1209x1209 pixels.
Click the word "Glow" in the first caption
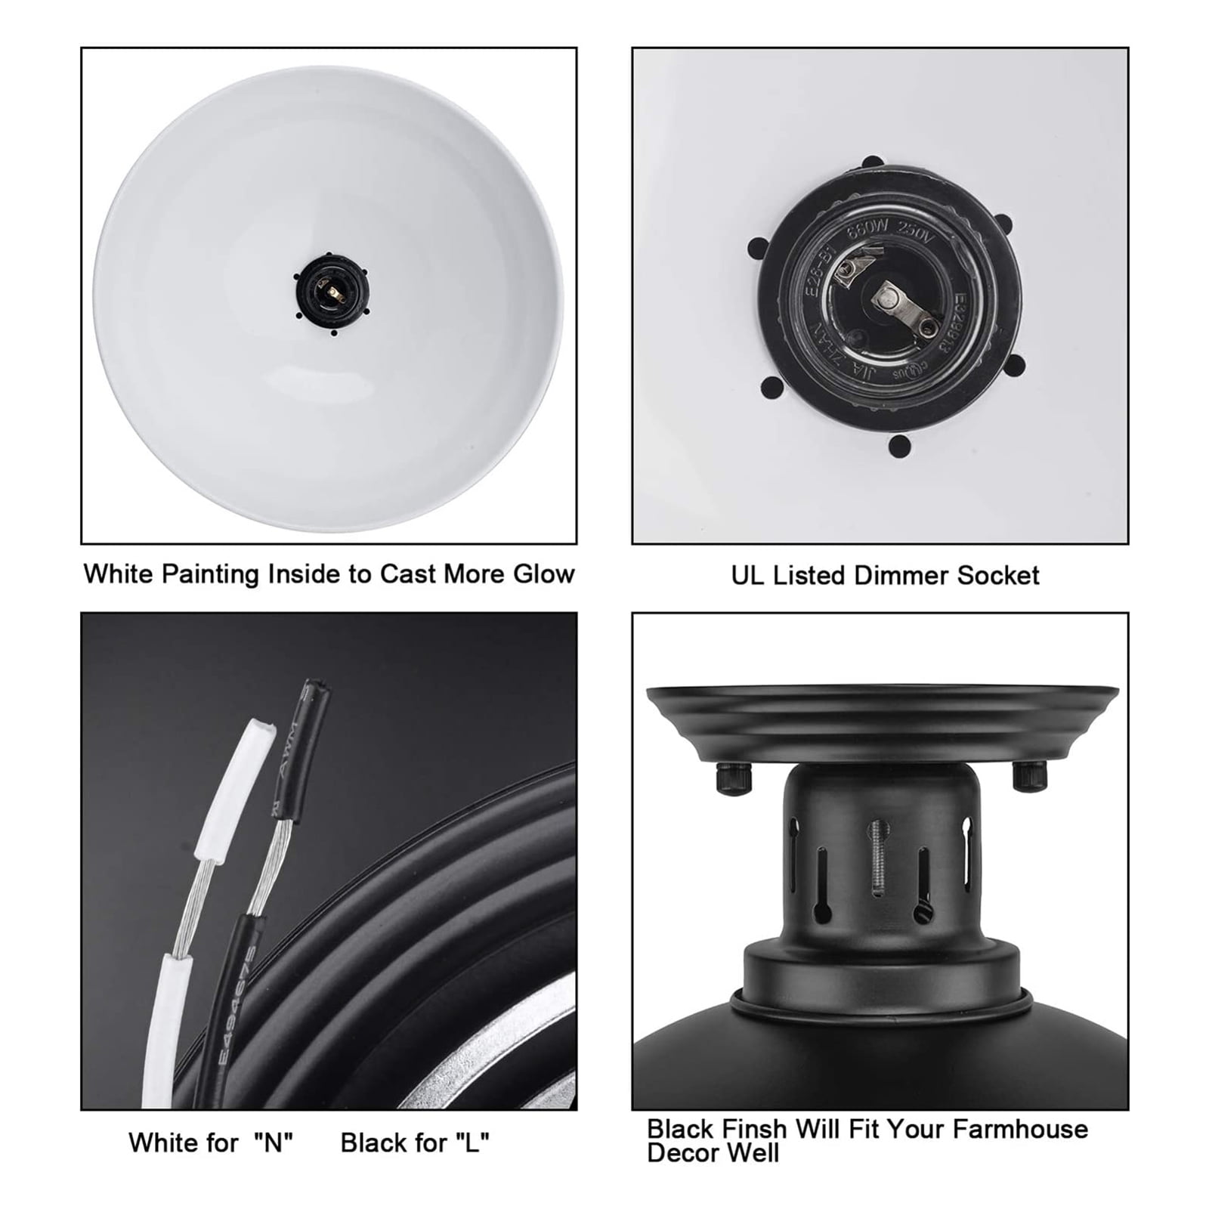point(543,574)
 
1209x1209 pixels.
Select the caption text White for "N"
point(210,1143)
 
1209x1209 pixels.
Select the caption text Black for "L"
point(415,1143)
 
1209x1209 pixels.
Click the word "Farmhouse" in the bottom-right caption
point(1020,1129)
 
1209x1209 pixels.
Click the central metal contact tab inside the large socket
point(895,299)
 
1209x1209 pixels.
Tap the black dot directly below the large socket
point(898,446)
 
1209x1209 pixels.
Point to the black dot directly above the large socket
point(872,165)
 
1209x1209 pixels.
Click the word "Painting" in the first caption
point(201,574)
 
